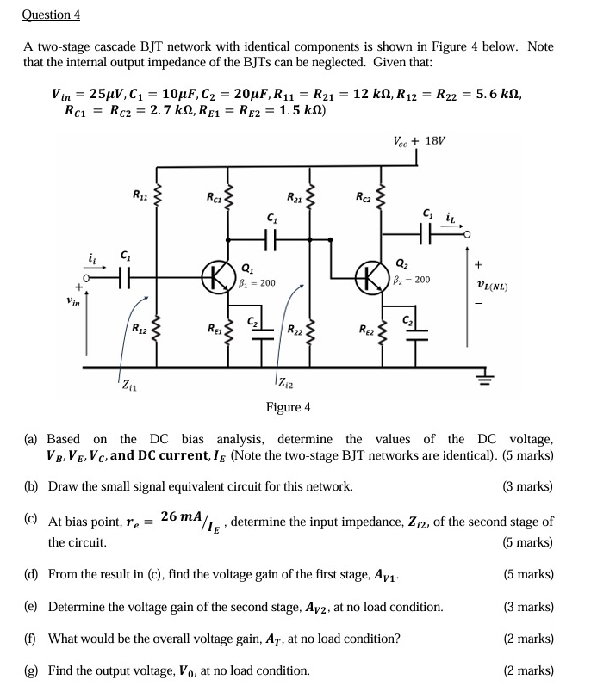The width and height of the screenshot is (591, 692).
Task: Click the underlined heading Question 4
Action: click(52, 15)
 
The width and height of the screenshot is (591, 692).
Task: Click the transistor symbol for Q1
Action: click(216, 278)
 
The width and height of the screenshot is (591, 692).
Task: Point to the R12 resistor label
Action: click(139, 327)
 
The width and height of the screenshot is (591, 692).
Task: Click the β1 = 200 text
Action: click(255, 281)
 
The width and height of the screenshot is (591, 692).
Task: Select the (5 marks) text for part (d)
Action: click(527, 574)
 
